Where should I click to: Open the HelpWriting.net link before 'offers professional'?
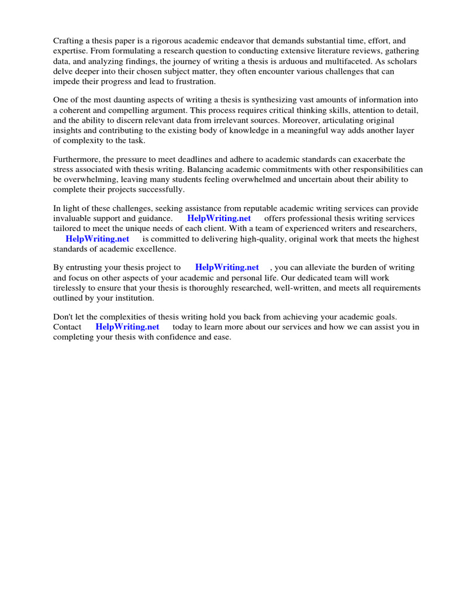tap(219, 219)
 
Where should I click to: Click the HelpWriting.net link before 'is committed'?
tap(97, 239)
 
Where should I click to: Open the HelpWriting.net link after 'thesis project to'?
tap(227, 268)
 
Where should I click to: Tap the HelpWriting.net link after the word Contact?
tap(127, 327)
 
